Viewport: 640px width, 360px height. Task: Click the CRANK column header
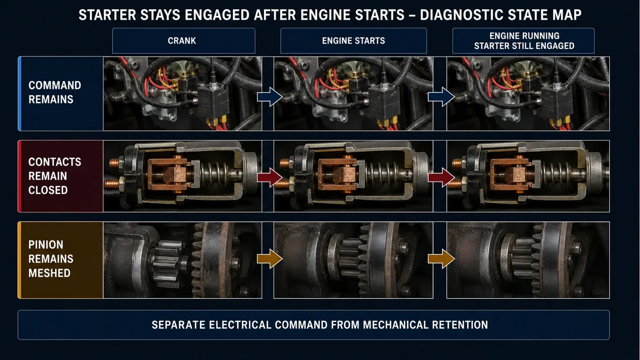point(183,40)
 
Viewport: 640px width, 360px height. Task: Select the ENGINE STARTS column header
point(353,40)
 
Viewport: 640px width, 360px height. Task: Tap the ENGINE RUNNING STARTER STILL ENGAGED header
point(523,40)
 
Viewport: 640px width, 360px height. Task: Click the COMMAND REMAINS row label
point(55,92)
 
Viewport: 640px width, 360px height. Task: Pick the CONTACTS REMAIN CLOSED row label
point(55,176)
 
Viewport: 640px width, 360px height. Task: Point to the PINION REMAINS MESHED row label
point(51,259)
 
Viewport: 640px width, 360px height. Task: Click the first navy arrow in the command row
point(270,97)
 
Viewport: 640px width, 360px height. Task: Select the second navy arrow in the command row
point(441,97)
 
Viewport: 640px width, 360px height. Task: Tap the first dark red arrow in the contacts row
point(270,177)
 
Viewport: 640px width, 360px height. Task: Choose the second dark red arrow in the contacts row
point(441,177)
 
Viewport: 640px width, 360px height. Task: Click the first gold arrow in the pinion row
point(270,259)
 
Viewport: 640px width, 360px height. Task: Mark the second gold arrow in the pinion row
point(441,259)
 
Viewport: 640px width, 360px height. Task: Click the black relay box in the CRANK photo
point(213,102)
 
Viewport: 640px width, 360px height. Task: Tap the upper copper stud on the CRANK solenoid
point(114,163)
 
